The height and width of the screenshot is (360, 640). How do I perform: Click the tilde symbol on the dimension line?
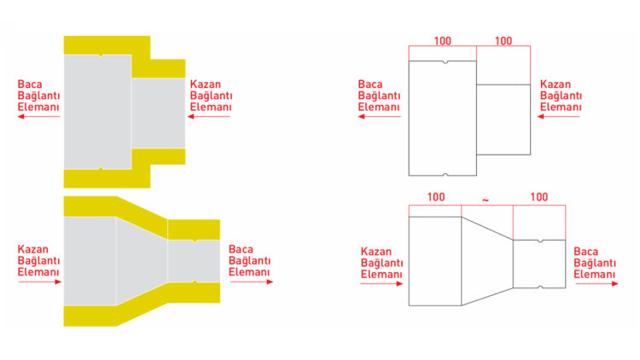pos(486,200)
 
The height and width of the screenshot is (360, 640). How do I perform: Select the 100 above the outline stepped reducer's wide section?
pos(442,41)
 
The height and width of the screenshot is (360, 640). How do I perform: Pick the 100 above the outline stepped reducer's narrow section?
pos(503,41)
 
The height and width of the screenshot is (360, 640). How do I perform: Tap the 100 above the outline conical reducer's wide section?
pos(436,197)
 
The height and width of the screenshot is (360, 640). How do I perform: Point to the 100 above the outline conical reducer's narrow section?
pos(538,197)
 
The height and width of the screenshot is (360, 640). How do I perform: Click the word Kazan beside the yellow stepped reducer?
pos(206,84)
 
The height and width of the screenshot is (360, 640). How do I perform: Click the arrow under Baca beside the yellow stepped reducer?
pos(38,117)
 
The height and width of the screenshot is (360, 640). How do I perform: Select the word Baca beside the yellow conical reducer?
pos(241,249)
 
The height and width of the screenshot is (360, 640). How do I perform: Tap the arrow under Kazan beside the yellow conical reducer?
pos(39,282)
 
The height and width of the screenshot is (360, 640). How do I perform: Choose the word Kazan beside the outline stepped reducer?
pos(556,84)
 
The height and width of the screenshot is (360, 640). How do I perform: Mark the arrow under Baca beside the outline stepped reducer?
pos(379,117)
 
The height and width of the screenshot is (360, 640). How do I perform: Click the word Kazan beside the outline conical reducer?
pos(376,252)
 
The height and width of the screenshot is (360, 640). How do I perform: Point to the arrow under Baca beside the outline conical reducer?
pos(596,284)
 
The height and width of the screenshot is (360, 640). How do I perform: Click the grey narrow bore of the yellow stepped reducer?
pos(159,113)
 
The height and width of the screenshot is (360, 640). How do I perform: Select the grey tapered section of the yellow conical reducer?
pos(142,261)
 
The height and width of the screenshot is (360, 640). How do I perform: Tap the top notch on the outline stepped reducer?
pos(445,62)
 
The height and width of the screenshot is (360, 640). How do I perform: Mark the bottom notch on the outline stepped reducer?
pos(445,174)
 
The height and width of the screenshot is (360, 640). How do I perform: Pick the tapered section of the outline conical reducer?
pos(487,261)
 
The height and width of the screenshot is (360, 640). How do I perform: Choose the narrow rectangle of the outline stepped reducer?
pos(503,119)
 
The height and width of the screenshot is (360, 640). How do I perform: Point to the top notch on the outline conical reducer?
pos(540,241)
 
